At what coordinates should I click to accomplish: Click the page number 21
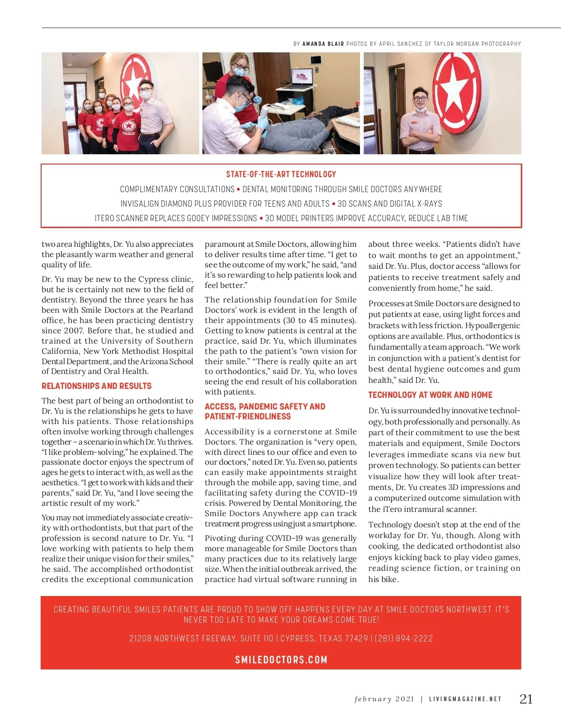(526, 699)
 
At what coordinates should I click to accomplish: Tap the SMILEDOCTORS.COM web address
(281, 660)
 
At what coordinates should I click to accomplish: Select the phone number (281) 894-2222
(404, 639)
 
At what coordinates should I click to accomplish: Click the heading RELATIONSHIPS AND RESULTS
(96, 386)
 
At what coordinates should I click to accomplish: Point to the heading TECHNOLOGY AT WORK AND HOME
(430, 395)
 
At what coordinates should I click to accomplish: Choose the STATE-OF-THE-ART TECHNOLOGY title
(281, 174)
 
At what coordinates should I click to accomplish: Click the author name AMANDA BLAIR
(323, 44)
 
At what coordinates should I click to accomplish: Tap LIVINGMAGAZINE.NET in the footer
(465, 699)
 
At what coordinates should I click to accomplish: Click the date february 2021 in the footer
(384, 699)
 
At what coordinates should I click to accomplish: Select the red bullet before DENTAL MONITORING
(238, 189)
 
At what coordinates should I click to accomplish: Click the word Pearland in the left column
(176, 310)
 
